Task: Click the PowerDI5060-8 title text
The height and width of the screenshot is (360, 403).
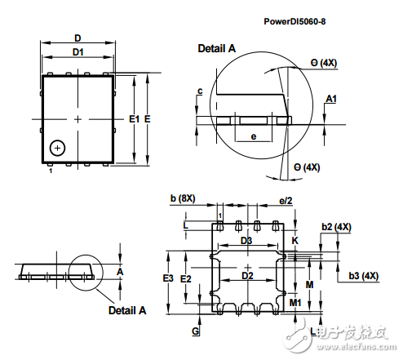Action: point(294,21)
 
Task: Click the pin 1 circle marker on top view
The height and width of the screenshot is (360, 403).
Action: point(57,149)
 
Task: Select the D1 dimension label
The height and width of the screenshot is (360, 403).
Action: point(78,52)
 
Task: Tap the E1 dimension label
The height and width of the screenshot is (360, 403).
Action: point(134,119)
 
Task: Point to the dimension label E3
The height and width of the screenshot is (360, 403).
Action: point(168,278)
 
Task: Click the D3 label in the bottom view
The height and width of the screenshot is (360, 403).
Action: point(246,241)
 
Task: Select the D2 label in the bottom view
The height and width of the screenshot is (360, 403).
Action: point(247,276)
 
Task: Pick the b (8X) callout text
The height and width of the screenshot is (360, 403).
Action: point(183,198)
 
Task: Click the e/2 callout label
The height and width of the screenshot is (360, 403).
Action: point(286,201)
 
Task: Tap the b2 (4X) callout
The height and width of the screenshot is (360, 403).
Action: point(336,227)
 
